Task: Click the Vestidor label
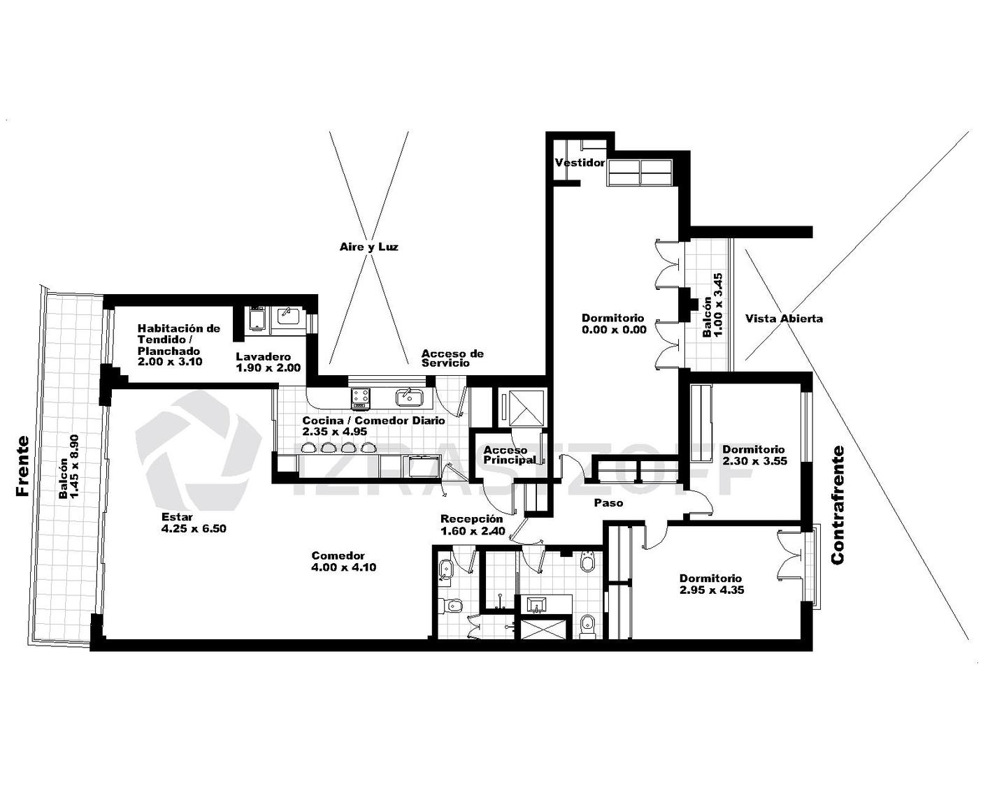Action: [x=580, y=163]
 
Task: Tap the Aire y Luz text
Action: [x=368, y=247]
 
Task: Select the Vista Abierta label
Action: [x=784, y=319]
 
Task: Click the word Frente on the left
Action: [x=23, y=466]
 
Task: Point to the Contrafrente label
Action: [x=838, y=505]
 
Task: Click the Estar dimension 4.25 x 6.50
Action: [x=194, y=529]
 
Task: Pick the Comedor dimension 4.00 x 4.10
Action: [x=344, y=567]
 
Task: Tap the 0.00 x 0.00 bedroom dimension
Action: [x=614, y=330]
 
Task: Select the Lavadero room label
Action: [x=263, y=356]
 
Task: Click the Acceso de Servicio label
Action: [x=452, y=358]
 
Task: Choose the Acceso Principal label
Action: [x=509, y=455]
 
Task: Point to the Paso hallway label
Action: [x=608, y=503]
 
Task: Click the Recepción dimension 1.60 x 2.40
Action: [x=473, y=531]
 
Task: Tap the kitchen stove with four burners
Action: [x=359, y=398]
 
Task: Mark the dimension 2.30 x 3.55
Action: [x=754, y=461]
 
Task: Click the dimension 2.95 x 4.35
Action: [x=712, y=590]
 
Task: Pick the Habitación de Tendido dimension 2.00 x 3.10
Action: [x=170, y=362]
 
